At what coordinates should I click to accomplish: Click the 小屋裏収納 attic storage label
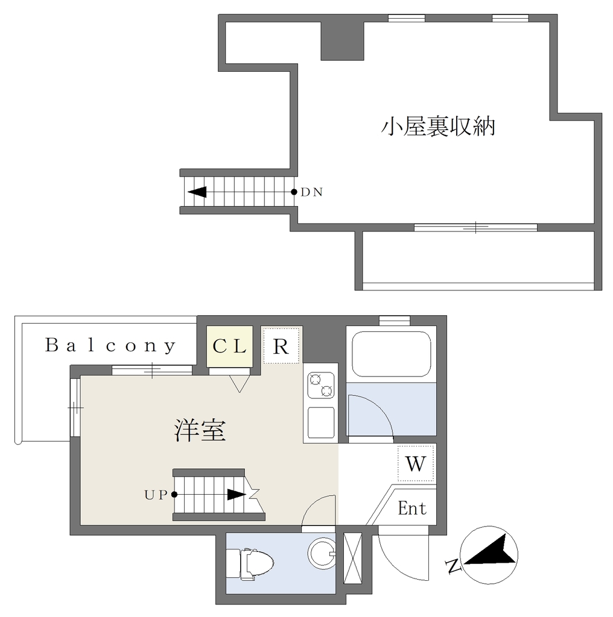click(x=437, y=127)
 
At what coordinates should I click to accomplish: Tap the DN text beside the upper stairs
click(x=311, y=192)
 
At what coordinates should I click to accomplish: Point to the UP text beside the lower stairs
click(x=156, y=495)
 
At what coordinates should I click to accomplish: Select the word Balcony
click(x=110, y=345)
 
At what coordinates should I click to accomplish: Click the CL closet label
click(x=230, y=346)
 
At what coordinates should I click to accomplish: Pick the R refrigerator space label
click(x=281, y=346)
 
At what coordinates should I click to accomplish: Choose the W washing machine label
click(x=416, y=464)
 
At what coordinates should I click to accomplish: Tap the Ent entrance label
click(x=412, y=508)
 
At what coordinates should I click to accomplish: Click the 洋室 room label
click(x=200, y=431)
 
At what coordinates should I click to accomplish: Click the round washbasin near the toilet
click(x=321, y=554)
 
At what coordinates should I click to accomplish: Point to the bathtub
click(x=391, y=354)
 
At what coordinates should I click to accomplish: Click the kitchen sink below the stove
click(x=321, y=422)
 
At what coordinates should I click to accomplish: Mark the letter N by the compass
click(x=454, y=566)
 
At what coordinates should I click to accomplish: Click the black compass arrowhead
click(x=492, y=551)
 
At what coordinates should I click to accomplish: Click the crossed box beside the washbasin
click(x=352, y=558)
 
